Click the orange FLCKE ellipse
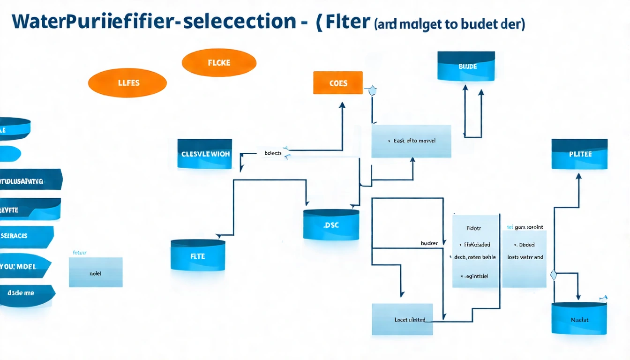(x=219, y=63)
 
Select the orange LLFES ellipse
(x=127, y=83)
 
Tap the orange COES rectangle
(x=338, y=83)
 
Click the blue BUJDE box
(x=466, y=67)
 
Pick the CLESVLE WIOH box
(x=205, y=154)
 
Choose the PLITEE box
(x=579, y=154)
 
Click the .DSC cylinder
(x=331, y=225)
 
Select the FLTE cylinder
(x=198, y=256)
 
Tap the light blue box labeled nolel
(x=96, y=272)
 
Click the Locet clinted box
(x=402, y=320)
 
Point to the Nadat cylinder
(x=579, y=319)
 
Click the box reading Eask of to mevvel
(x=411, y=141)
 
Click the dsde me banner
(x=23, y=293)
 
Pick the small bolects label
(x=273, y=153)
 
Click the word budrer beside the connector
(x=429, y=243)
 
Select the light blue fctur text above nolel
(x=80, y=252)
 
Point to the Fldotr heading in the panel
(x=473, y=228)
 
